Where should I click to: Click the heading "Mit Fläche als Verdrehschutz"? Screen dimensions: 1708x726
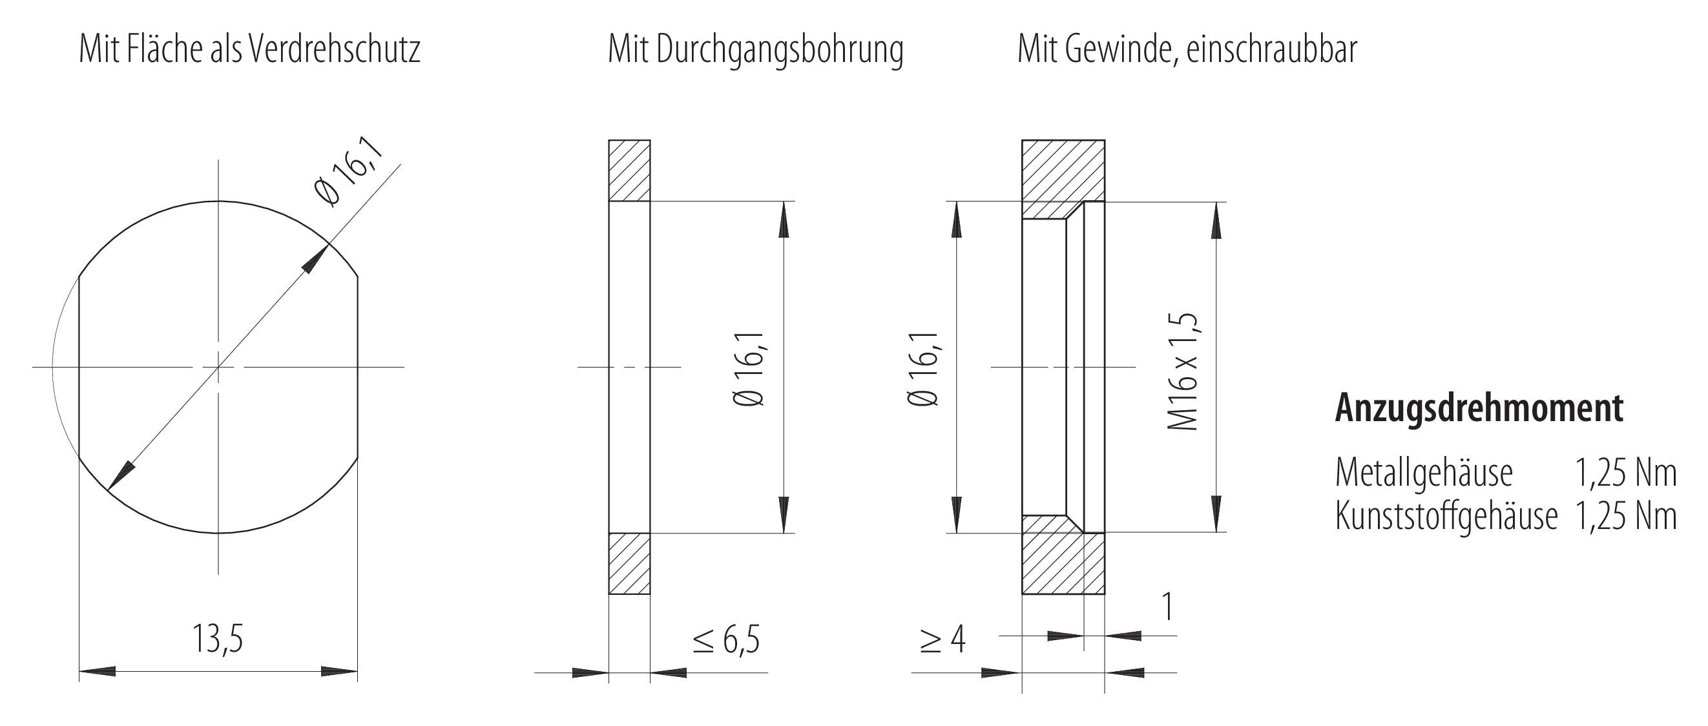249,50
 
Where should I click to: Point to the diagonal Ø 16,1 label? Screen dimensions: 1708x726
349,172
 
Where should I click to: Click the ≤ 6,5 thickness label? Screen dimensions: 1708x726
726,639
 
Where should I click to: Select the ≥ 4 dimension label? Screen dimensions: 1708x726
943,639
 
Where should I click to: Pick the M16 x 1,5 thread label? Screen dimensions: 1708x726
1183,371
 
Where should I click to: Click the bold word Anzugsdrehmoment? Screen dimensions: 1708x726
1479,408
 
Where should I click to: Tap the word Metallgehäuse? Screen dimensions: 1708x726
1424,473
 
